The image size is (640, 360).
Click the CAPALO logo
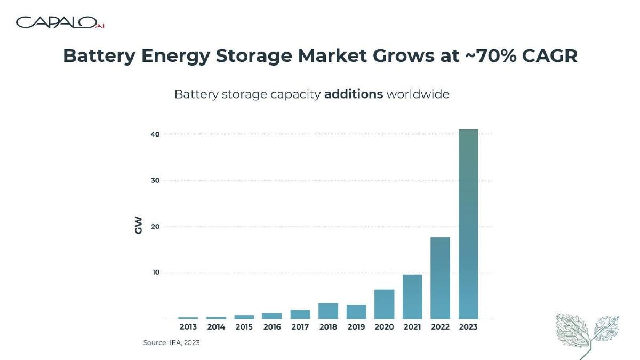click(60, 22)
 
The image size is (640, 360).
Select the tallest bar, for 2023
click(468, 224)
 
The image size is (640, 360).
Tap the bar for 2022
click(441, 278)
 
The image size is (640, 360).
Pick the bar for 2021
click(412, 297)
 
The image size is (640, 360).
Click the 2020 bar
click(385, 305)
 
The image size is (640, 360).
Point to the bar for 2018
click(329, 311)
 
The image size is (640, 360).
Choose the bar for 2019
click(356, 311)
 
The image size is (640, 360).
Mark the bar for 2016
click(272, 316)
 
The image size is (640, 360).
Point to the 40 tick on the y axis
click(155, 134)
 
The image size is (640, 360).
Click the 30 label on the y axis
click(155, 181)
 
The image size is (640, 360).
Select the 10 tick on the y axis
click(155, 273)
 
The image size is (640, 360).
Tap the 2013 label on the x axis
click(188, 327)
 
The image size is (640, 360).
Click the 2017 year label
click(300, 327)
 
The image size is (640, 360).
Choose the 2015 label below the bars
click(244, 327)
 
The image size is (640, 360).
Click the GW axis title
click(138, 226)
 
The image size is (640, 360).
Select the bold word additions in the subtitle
click(354, 94)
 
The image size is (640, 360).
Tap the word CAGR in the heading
click(549, 55)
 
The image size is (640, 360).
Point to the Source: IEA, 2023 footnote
click(171, 342)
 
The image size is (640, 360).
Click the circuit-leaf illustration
click(587, 334)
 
